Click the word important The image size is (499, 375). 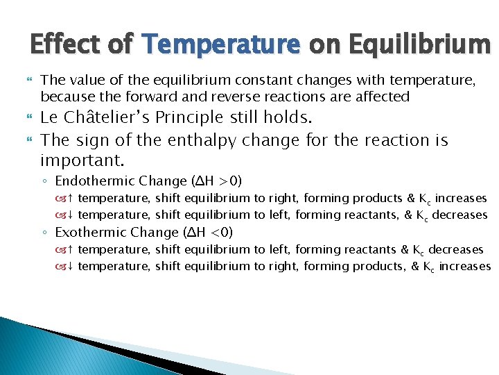(81, 161)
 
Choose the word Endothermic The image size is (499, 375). (96, 181)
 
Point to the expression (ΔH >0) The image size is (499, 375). (216, 181)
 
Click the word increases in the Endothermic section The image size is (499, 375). (460, 199)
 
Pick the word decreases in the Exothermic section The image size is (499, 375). (456, 249)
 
